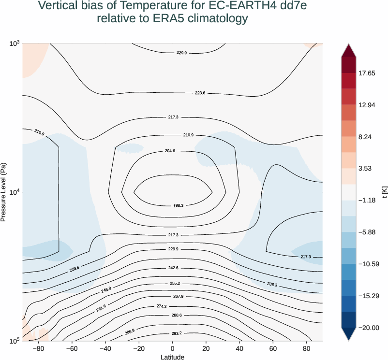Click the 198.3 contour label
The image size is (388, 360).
pos(178,206)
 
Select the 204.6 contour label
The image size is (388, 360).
pos(170,151)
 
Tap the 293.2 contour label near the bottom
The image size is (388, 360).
pos(177,333)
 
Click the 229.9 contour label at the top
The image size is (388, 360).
pos(182,53)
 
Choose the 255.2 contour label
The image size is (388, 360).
pos(175,283)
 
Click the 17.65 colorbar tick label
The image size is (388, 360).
pos(366,73)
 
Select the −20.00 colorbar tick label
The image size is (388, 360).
pos(369,328)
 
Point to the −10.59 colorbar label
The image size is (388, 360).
pos(369,264)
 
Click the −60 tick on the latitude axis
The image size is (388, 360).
pos(72,349)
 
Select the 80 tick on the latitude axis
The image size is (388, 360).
pos(307,349)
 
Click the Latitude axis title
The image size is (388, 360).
pos(172,357)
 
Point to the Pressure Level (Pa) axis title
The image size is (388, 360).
pos(4,192)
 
